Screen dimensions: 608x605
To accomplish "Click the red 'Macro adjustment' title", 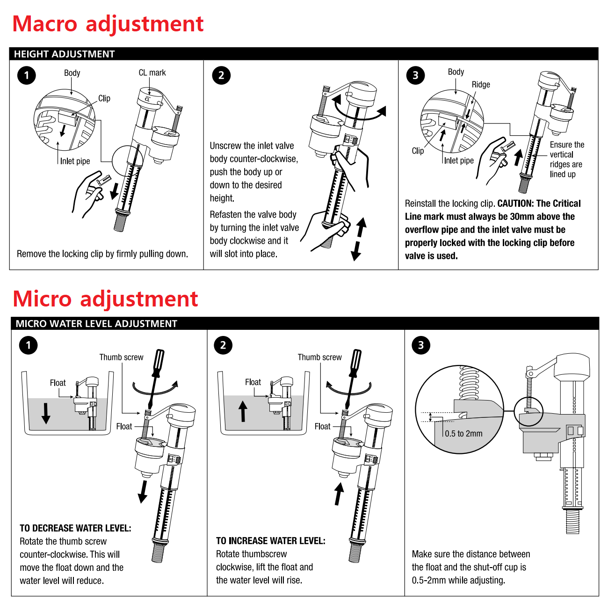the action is (x=108, y=24).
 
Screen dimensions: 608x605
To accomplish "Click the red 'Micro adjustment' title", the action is (x=105, y=299).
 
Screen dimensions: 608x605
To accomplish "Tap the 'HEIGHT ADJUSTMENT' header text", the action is (x=64, y=54).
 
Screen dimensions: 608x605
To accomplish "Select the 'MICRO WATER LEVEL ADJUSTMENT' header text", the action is (x=96, y=324).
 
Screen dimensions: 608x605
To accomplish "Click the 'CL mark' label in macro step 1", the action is (x=152, y=73).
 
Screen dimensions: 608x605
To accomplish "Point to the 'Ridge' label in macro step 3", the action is (x=480, y=85).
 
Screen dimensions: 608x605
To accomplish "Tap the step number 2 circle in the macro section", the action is (x=221, y=75).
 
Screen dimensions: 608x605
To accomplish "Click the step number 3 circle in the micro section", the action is (x=421, y=345).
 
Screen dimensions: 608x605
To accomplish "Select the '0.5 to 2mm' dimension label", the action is (x=463, y=434).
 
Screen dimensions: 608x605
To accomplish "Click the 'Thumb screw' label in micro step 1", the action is (x=121, y=357).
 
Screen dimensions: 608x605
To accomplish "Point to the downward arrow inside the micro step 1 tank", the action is (x=46, y=413).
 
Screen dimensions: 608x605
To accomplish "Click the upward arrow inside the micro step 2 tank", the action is (x=243, y=411).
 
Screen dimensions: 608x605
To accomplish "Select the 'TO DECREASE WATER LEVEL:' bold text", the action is (x=75, y=528).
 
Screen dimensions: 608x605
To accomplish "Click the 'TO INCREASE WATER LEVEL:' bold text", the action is (x=270, y=541).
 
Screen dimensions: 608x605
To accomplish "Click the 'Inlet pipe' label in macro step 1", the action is (x=75, y=161).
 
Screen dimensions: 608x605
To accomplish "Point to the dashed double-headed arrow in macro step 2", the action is (x=359, y=239).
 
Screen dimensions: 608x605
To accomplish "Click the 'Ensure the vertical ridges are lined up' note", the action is (x=567, y=160).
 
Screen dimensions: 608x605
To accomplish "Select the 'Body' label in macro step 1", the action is (x=72, y=73).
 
